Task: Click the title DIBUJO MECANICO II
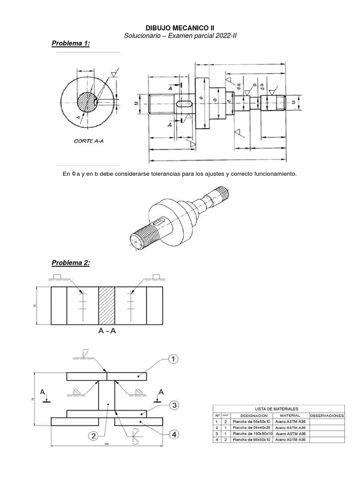180,28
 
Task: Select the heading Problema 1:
70,44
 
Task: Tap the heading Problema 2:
70,263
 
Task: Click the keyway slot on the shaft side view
184,103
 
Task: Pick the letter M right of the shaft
294,101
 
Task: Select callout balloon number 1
172,360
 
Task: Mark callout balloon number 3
173,405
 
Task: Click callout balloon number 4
174,435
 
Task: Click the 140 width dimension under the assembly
107,443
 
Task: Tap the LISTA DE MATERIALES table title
279,409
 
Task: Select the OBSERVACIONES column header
327,415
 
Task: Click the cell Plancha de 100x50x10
251,434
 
